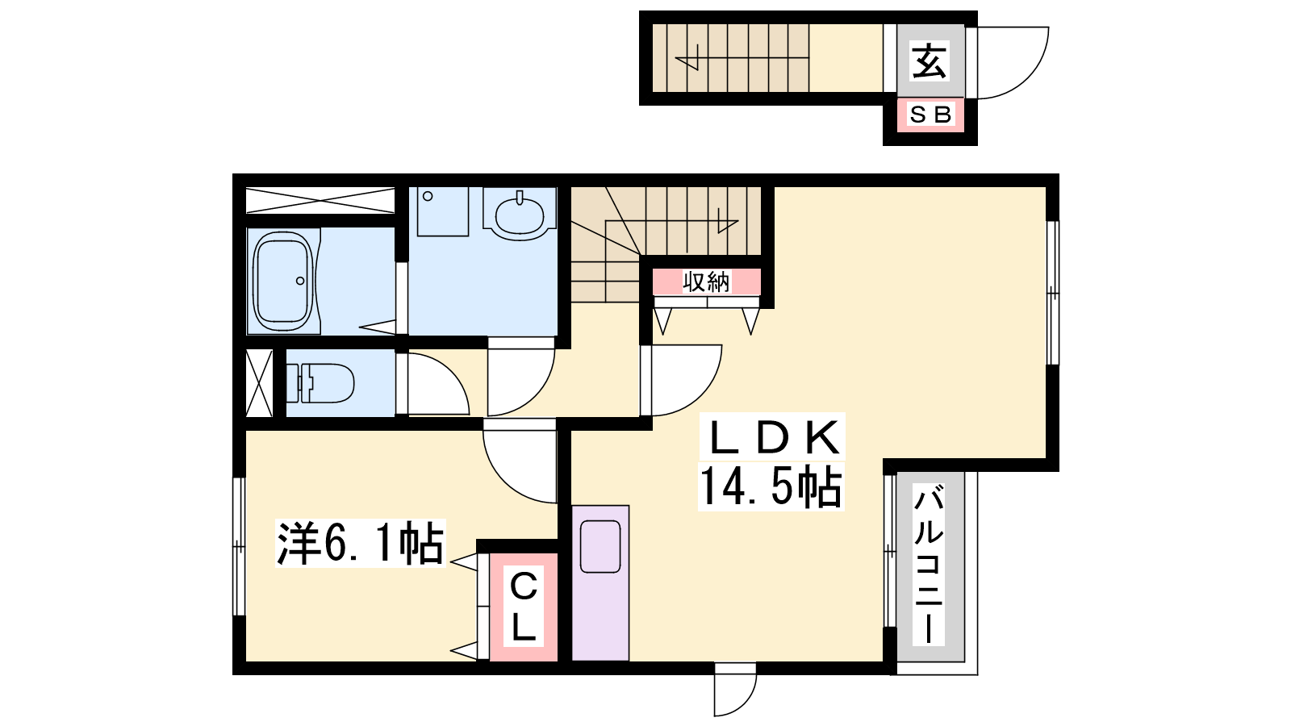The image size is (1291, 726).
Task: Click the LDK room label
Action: click(772, 438)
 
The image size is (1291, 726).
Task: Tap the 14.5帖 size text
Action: click(771, 486)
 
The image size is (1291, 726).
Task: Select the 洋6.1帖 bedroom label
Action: click(360, 543)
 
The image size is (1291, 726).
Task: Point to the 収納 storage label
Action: click(706, 282)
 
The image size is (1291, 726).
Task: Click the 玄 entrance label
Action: click(930, 60)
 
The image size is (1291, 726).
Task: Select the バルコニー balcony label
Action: click(929, 565)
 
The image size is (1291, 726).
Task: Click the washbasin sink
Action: click(520, 215)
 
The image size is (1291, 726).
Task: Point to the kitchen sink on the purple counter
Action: click(600, 546)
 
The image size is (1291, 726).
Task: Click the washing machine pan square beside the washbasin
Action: click(443, 211)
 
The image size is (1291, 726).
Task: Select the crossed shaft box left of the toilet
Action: click(259, 382)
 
